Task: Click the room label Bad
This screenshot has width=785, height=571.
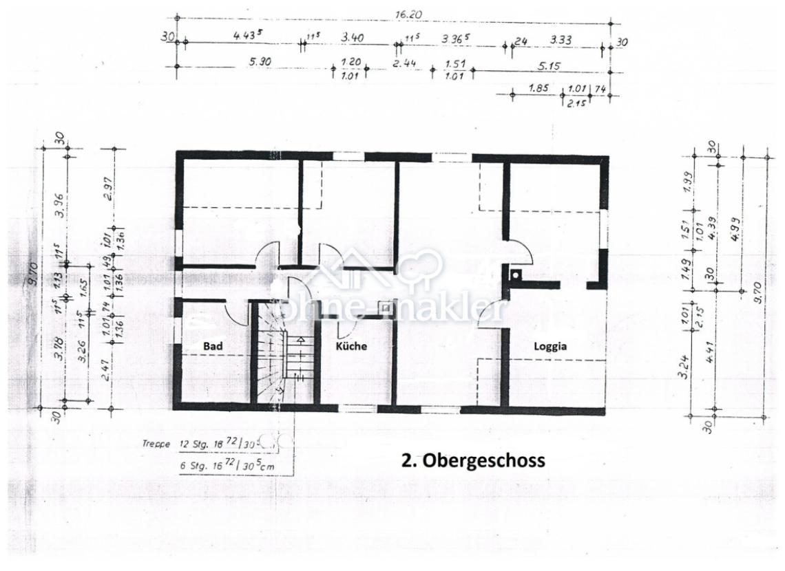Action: coord(213,347)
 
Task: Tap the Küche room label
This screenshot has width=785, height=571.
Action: coord(351,346)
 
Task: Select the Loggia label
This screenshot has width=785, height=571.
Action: coord(550,346)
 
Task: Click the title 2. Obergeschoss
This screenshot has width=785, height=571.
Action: coord(472,460)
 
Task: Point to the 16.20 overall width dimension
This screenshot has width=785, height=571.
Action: coord(409,13)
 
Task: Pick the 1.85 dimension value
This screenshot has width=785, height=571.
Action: coord(538,88)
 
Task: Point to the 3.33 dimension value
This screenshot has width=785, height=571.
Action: coord(561,41)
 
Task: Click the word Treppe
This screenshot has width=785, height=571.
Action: coord(157,444)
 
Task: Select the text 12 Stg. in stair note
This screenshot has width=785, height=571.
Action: coord(193,444)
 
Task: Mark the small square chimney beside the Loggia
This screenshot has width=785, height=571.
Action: coord(515,275)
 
